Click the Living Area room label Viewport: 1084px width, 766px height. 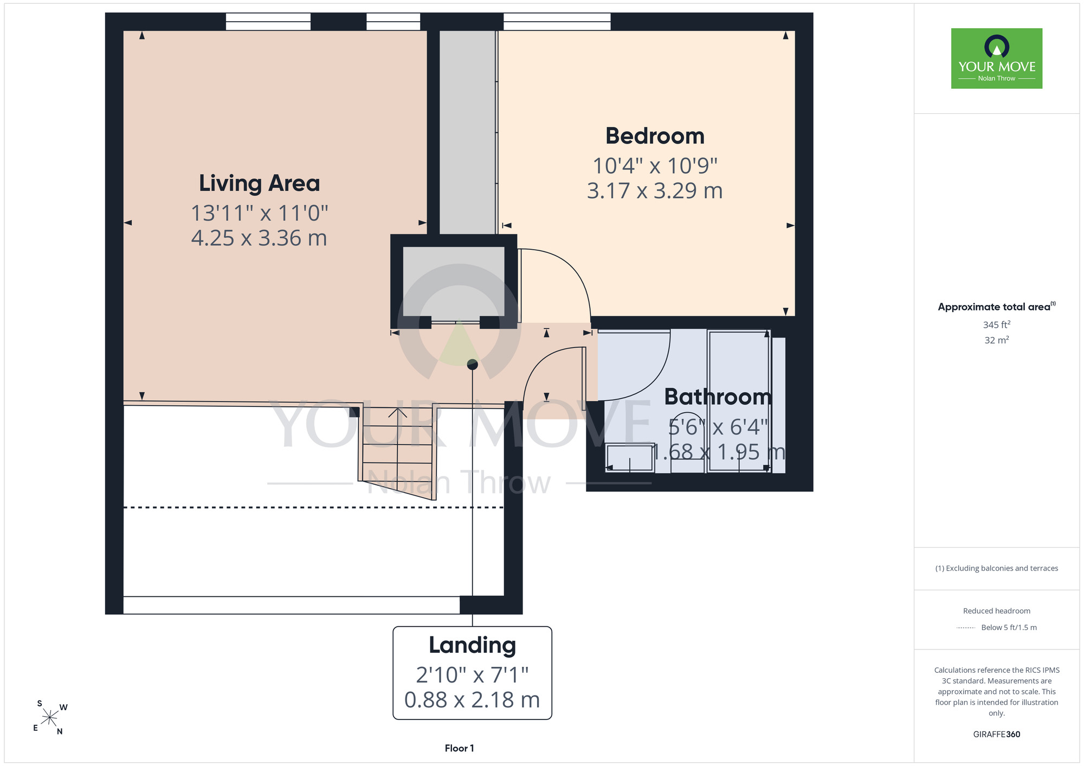coord(259,184)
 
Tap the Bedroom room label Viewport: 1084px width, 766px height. coord(655,136)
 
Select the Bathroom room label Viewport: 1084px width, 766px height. coord(718,397)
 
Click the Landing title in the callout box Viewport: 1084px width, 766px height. coord(472,645)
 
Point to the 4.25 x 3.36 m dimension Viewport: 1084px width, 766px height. coord(259,238)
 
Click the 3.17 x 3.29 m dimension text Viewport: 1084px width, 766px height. coord(655,191)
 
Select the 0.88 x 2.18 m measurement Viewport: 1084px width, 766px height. coord(472,700)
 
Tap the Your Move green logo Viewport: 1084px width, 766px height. coord(997,59)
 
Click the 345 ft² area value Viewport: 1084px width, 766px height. coord(997,324)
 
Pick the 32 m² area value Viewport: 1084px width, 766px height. coord(997,340)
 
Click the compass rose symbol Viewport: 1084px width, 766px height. coord(49,718)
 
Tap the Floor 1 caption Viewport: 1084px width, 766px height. coord(459,748)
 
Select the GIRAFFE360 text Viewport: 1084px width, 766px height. coord(997,735)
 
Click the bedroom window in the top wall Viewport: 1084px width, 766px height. coord(557,22)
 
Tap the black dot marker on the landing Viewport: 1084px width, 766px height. coord(473,365)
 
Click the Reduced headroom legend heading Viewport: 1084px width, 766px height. coord(997,611)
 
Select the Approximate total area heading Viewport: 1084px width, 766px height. coord(997,307)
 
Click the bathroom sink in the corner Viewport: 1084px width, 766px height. coord(629,458)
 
